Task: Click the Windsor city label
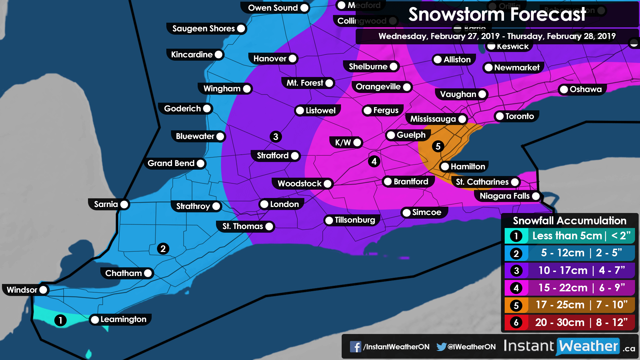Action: (22, 290)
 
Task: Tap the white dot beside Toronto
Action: (500, 116)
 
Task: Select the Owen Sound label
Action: (273, 8)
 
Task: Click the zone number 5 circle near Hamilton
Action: (438, 146)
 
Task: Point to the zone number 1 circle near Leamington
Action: (60, 320)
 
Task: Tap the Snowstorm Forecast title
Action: (497, 15)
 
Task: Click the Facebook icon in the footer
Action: (355, 347)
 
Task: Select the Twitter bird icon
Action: (441, 347)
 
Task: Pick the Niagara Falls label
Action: (504, 196)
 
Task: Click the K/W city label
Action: (343, 143)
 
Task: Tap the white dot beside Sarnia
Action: (124, 204)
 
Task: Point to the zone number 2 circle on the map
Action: (163, 249)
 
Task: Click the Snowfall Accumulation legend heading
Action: (569, 221)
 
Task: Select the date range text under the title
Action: (497, 36)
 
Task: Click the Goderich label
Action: (182, 109)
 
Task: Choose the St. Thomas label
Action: (243, 226)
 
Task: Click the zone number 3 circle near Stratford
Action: (276, 137)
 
